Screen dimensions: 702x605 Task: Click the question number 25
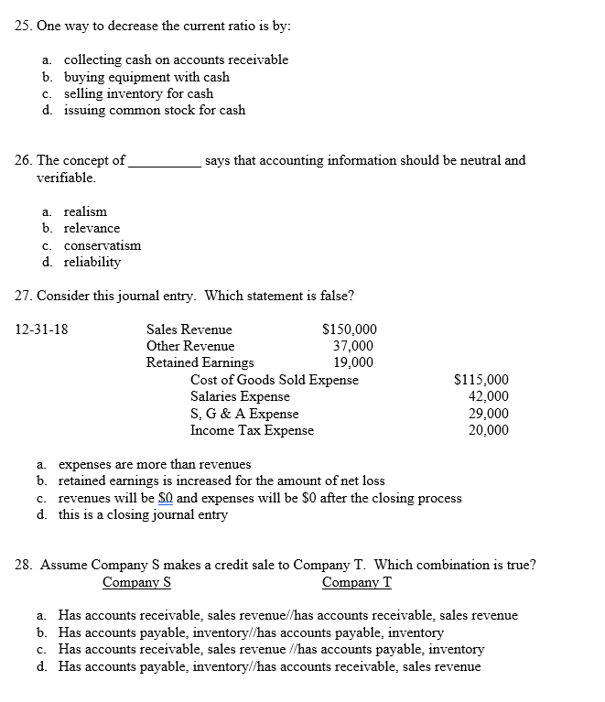pyautogui.click(x=25, y=26)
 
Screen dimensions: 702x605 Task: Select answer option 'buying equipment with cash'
pyautogui.click(x=146, y=77)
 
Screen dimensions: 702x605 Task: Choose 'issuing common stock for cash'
pyautogui.click(x=154, y=110)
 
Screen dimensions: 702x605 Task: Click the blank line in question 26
pyautogui.click(x=165, y=162)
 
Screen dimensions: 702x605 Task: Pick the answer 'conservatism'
pyautogui.click(x=103, y=245)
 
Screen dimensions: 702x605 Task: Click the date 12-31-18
pyautogui.click(x=42, y=329)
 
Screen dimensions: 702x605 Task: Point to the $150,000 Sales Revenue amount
pyautogui.click(x=350, y=329)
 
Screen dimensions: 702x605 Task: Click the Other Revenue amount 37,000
pyautogui.click(x=352, y=346)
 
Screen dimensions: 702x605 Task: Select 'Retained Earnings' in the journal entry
pyautogui.click(x=200, y=362)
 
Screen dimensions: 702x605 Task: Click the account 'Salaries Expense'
pyautogui.click(x=240, y=396)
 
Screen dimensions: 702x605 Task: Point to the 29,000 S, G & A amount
pyautogui.click(x=489, y=414)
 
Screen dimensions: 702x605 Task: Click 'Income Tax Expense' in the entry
pyautogui.click(x=252, y=430)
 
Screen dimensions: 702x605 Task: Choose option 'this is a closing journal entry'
pyautogui.click(x=143, y=514)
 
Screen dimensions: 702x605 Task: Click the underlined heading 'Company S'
pyautogui.click(x=137, y=582)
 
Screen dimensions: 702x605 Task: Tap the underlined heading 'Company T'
pyautogui.click(x=357, y=582)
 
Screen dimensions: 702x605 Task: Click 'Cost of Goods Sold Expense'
pyautogui.click(x=275, y=380)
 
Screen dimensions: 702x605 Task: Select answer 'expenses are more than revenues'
pyautogui.click(x=155, y=464)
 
